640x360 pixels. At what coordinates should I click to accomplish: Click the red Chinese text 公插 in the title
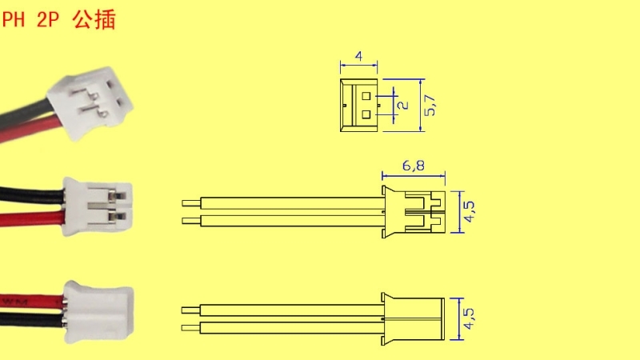coord(94,19)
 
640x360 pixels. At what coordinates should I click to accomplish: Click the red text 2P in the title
coord(48,19)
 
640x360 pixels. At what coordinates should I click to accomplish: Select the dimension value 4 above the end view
coord(358,56)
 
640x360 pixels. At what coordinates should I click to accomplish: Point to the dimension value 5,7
coord(430,105)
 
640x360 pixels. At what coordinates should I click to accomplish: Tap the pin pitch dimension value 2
coord(403,105)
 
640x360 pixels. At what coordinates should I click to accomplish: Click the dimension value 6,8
coord(413,166)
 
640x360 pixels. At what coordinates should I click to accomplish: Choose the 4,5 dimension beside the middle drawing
coord(470,211)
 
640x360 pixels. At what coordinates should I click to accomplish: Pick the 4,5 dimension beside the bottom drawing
coord(470,318)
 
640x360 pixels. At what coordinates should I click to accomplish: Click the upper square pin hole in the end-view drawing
coord(366,96)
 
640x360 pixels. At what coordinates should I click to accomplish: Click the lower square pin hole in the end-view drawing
coord(366,114)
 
